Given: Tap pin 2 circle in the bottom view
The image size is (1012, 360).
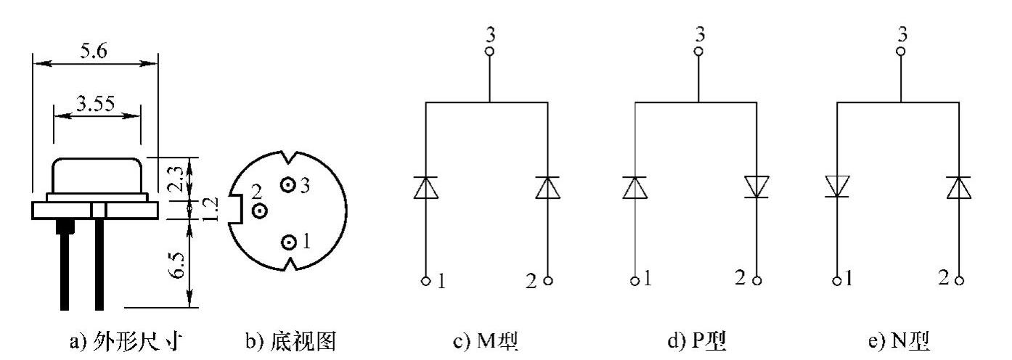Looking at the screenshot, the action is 259,211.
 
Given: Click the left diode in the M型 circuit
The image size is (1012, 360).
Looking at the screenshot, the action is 425,188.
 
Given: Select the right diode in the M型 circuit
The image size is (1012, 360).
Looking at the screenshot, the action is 547,188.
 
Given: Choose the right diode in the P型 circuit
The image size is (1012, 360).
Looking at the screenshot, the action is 756,187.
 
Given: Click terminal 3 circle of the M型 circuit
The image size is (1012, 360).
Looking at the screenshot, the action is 489,52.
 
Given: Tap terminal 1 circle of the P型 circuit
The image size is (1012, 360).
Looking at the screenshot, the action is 635,280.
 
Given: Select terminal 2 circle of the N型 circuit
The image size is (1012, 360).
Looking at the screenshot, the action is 960,280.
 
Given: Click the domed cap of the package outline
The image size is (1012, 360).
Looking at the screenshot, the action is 97,176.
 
